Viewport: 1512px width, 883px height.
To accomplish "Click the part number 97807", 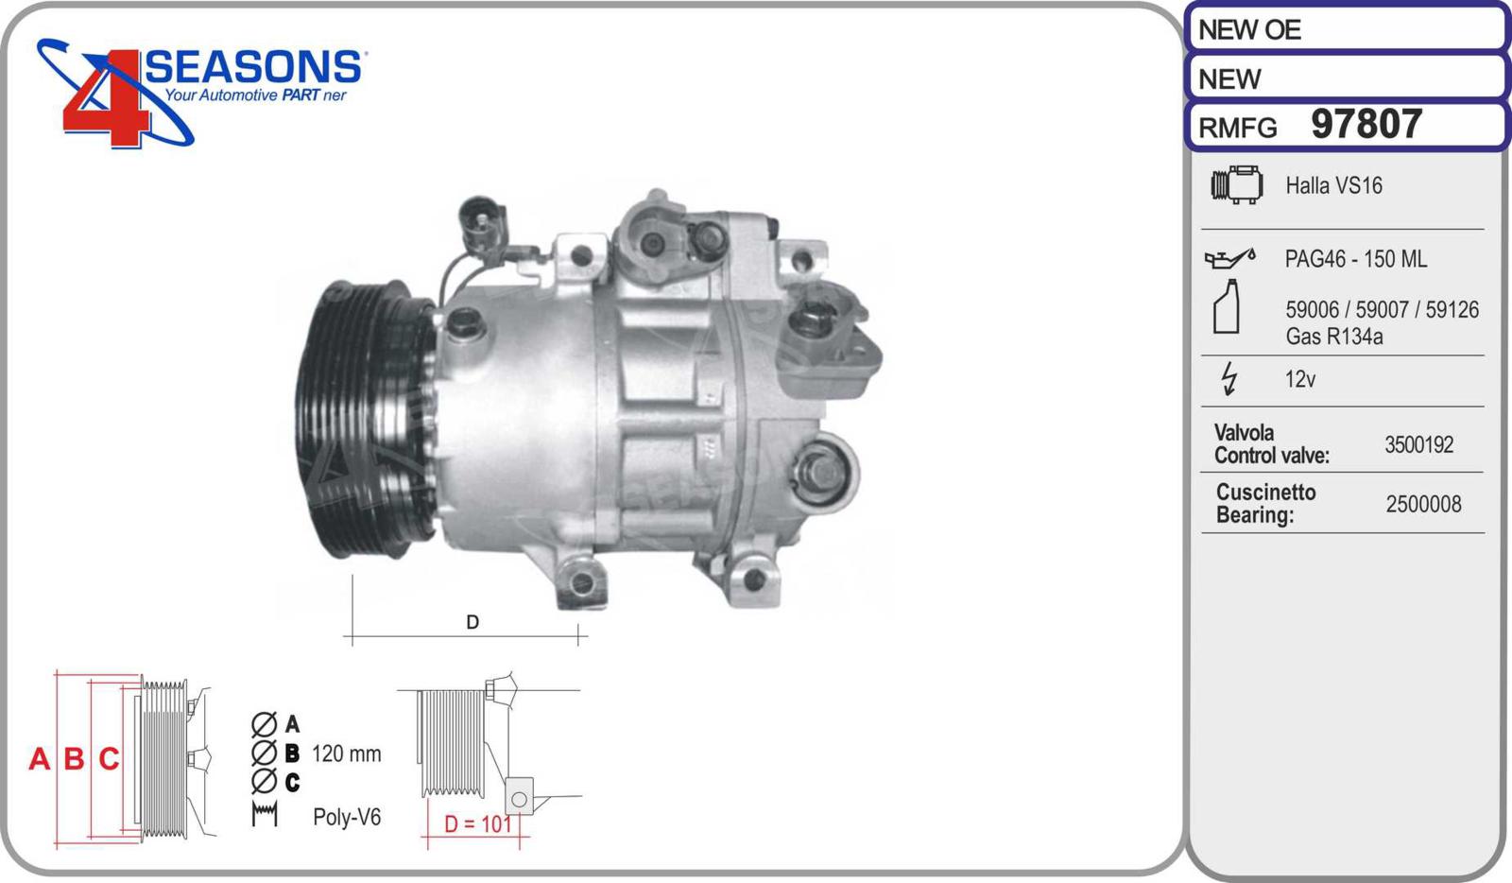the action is pyautogui.click(x=1366, y=124).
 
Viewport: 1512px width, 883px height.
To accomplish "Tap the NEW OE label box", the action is pyautogui.click(x=1347, y=29).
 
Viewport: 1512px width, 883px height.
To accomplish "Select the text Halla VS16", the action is pyautogui.click(x=1333, y=185).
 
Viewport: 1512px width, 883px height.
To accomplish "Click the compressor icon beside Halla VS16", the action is pyautogui.click(x=1237, y=184).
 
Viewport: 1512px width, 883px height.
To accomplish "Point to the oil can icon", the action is pyautogui.click(x=1229, y=258).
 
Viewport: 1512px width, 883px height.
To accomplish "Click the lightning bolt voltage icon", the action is pyautogui.click(x=1229, y=378).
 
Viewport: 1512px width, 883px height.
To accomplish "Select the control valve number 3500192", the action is pyautogui.click(x=1418, y=445).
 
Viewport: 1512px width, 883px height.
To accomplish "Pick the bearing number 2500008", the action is pyautogui.click(x=1423, y=504).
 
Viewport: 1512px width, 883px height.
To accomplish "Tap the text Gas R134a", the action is pyautogui.click(x=1333, y=337).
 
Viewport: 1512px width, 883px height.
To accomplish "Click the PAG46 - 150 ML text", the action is pyautogui.click(x=1355, y=258).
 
